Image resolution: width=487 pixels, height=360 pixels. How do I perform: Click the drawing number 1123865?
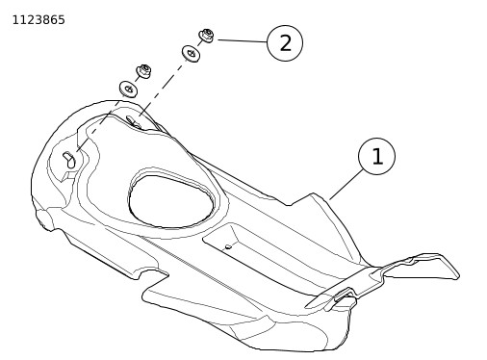(38, 20)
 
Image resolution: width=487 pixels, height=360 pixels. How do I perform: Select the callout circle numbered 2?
(285, 43)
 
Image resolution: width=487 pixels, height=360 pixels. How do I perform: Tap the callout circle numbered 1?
(376, 156)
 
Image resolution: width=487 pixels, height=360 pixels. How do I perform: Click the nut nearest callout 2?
(206, 36)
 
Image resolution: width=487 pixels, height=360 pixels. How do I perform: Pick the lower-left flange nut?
(143, 71)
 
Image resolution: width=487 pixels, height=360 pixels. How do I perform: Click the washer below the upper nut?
(192, 53)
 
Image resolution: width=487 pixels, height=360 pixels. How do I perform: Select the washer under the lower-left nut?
(129, 89)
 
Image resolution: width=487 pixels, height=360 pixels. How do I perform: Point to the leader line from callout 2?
(243, 41)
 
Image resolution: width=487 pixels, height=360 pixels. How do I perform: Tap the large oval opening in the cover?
(170, 201)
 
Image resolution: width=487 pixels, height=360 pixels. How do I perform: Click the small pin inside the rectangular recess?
(228, 246)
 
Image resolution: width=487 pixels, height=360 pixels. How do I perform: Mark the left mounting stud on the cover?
(69, 160)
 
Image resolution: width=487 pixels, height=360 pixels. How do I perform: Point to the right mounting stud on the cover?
(133, 121)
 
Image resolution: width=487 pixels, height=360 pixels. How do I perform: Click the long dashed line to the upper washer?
(163, 88)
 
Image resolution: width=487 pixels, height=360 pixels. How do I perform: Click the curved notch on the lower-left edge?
(150, 274)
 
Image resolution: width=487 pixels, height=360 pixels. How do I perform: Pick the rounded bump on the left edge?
(42, 219)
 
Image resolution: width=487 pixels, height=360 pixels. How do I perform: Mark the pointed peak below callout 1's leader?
(314, 193)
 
